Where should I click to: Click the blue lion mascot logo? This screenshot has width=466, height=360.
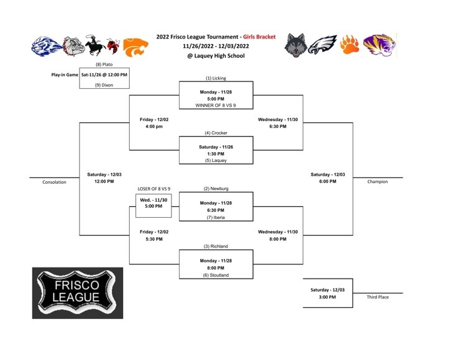[47, 47]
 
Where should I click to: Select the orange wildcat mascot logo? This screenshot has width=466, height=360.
[135, 47]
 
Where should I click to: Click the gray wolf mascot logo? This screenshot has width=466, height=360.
[295, 45]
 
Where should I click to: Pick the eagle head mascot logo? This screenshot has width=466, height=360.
[322, 45]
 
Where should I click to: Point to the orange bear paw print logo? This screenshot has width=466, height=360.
[349, 45]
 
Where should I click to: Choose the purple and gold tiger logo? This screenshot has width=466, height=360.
[380, 45]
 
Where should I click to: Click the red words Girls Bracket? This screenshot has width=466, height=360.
[259, 37]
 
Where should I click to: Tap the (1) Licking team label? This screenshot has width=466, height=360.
[216, 78]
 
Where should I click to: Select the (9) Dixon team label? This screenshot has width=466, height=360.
[104, 85]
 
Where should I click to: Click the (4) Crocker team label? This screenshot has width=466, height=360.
[216, 133]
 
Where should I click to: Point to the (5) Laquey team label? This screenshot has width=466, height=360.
[216, 160]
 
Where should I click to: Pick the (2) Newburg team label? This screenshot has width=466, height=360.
[216, 189]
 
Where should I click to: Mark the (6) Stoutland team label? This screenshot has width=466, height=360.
[216, 275]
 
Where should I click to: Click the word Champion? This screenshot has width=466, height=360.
[377, 182]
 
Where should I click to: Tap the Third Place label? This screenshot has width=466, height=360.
[377, 297]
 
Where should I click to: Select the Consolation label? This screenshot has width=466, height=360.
[54, 182]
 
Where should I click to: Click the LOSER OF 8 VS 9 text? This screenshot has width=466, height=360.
[154, 189]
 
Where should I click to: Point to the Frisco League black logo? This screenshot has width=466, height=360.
[78, 293]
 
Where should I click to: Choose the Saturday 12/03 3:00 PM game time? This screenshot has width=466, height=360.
[327, 293]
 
